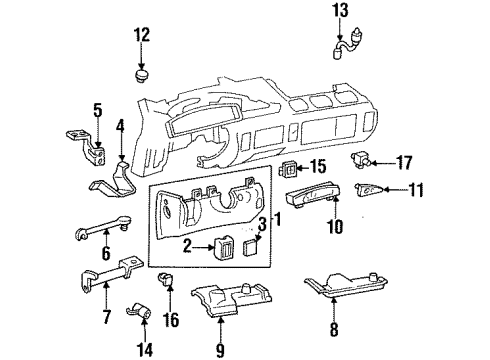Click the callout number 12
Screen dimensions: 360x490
[142, 36]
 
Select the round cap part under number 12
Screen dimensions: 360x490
[142, 75]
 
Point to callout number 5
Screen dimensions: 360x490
[97, 111]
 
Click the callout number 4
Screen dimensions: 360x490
[120, 127]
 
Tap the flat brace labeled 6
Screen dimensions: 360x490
[100, 229]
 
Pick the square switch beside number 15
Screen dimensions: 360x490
[289, 166]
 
